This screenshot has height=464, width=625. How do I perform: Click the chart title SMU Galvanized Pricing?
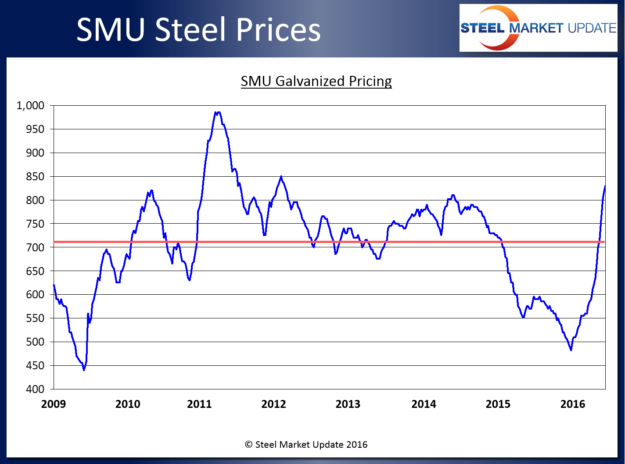pos(316,81)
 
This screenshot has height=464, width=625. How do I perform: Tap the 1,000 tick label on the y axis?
pos(30,105)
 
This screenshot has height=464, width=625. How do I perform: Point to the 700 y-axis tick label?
pos(35,247)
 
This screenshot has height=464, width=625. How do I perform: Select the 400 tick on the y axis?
pos(35,389)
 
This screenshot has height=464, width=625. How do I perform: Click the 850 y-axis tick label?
pos(35,176)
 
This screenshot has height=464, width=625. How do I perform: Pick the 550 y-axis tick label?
pos(35,318)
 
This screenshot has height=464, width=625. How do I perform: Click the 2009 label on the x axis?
pos(54,404)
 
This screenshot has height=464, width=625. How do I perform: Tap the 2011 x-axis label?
pos(199,404)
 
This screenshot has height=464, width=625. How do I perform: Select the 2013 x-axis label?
pos(348,404)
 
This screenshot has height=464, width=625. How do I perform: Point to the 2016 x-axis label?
pos(572,404)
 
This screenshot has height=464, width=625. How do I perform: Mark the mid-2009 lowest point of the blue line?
pos(84,370)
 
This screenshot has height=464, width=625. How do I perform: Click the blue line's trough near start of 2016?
pos(571,350)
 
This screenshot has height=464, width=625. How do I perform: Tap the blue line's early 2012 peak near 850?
pos(281,177)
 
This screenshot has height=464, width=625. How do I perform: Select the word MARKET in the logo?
pos(536,28)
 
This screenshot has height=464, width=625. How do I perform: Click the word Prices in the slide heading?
pos(278,30)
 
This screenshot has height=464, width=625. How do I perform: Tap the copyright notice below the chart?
pos(306,445)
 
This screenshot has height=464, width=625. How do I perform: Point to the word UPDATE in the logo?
pos(592,28)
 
